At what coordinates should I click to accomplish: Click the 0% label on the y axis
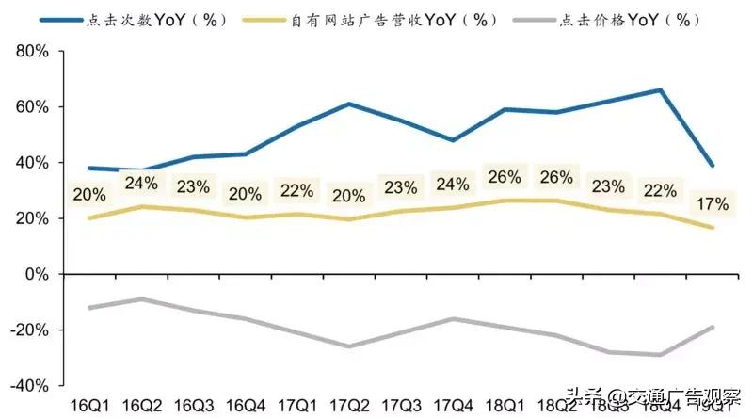pos(40,274)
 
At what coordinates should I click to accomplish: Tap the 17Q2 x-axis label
pos(350,404)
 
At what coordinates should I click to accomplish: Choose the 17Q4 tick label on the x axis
pos(454,404)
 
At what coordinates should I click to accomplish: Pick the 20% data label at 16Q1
pos(90,194)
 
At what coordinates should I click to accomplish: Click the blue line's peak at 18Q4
pos(661,90)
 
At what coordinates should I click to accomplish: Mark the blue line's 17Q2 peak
pos(350,104)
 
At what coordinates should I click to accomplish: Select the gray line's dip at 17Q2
pos(350,346)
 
